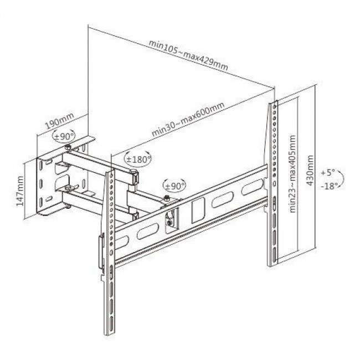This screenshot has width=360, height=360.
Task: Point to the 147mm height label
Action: click(x=20, y=191)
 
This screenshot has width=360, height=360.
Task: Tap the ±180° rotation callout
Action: click(x=138, y=159)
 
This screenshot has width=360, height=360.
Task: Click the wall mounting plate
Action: click(x=50, y=186)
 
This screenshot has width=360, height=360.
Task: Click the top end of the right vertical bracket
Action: click(x=273, y=105)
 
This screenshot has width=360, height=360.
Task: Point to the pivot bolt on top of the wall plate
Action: click(x=67, y=148)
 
